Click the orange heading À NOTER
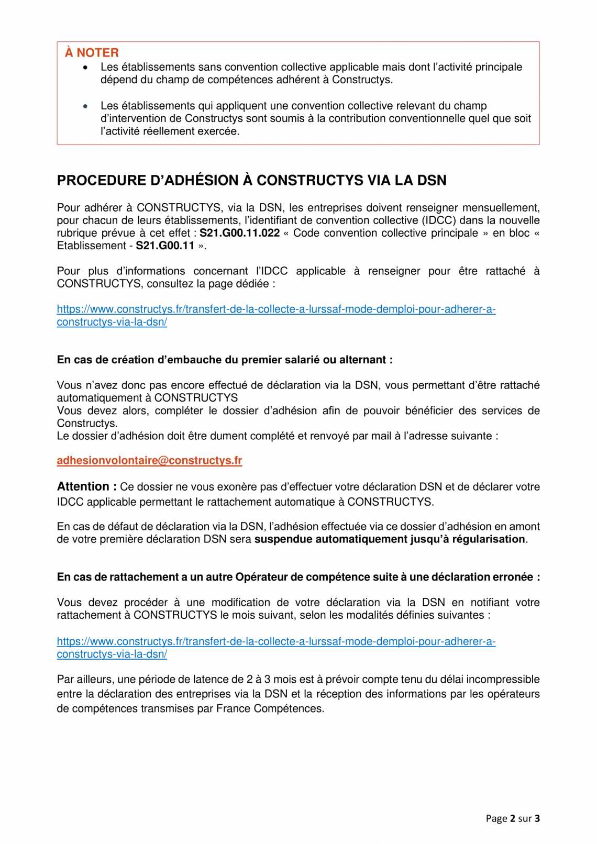[92, 53]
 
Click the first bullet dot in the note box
[85, 68]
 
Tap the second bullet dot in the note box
[85, 106]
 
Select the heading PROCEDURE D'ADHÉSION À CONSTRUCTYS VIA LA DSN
[251, 181]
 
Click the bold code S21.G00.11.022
[239, 234]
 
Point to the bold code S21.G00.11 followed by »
[165, 246]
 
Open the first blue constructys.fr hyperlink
[276, 309]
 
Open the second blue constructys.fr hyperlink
[276, 642]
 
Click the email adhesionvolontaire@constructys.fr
[149, 461]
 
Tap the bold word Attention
[83, 487]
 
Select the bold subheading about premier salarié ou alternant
[225, 360]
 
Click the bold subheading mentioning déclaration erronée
[298, 578]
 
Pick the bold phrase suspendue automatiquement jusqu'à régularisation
[390, 540]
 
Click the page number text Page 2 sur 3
[512, 819]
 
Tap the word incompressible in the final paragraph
[503, 680]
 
